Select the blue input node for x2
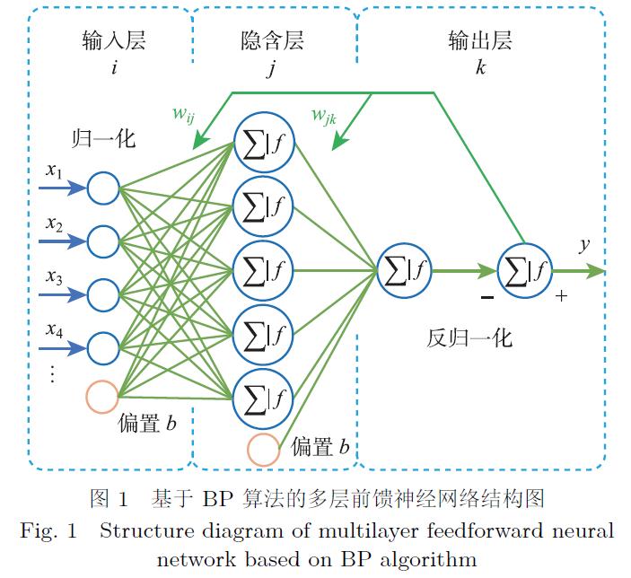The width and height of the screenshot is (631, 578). pos(103,241)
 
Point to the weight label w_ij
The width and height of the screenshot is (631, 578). pos(184,114)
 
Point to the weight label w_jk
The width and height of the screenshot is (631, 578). pos(324,115)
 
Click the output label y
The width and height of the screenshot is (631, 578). pos(584,244)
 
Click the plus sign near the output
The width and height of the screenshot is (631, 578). pos(562,295)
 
